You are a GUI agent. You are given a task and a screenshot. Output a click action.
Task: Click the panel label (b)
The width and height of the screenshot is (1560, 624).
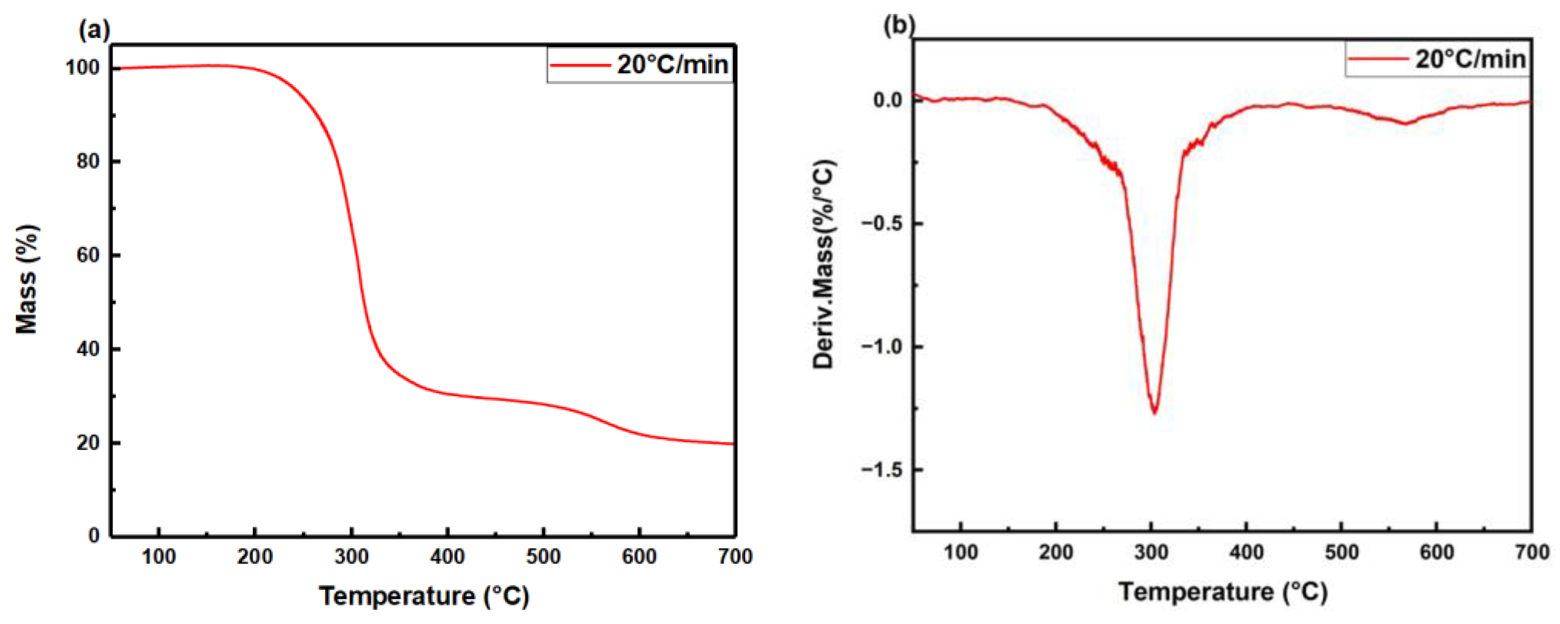pyautogui.click(x=899, y=26)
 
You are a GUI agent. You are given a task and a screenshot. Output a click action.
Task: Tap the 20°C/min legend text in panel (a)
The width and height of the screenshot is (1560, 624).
pyautogui.click(x=672, y=64)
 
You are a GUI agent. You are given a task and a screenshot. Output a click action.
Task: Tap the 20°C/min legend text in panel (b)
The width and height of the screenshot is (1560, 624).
pyautogui.click(x=1470, y=59)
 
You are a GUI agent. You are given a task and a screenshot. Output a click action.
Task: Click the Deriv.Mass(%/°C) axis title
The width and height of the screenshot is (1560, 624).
pyautogui.click(x=824, y=264)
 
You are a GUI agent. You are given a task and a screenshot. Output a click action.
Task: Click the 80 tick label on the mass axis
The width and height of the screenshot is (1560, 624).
pyautogui.click(x=89, y=162)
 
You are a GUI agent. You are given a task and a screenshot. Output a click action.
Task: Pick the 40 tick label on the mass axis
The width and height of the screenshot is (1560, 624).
pyautogui.click(x=89, y=349)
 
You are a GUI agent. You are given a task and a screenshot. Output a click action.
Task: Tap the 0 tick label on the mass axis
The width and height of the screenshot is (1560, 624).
pyautogui.click(x=94, y=535)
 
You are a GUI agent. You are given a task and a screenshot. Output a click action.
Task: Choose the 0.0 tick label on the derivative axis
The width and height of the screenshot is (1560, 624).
pyautogui.click(x=888, y=100)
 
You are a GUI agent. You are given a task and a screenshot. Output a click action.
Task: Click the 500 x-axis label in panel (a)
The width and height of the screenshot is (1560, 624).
pyautogui.click(x=543, y=556)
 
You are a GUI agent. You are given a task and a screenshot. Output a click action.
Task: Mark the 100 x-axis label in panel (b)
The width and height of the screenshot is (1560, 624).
pyautogui.click(x=961, y=552)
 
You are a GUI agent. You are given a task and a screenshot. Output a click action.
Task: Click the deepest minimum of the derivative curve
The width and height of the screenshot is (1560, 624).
pyautogui.click(x=1154, y=413)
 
